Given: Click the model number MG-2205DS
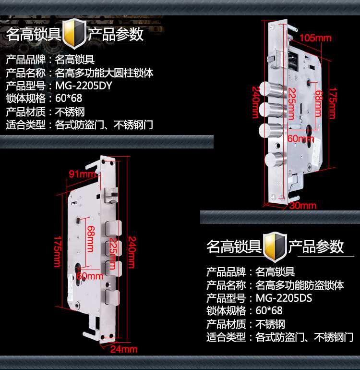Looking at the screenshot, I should [284, 298].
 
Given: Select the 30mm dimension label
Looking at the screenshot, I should [303, 206].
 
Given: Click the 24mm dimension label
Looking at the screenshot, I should [125, 349].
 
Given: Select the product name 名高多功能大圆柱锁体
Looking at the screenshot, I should [104, 74].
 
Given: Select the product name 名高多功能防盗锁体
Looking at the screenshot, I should [300, 285].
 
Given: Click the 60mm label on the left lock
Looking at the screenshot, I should [90, 276].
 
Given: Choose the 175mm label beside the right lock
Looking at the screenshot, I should [330, 103].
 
